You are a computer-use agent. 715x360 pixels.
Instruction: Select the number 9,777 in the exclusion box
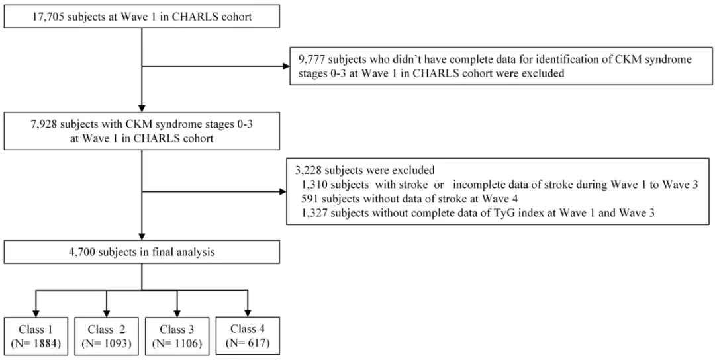[x=311, y=60]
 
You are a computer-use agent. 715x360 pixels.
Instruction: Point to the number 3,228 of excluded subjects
[x=309, y=171]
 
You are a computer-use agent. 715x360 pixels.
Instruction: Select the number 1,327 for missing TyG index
[x=314, y=213]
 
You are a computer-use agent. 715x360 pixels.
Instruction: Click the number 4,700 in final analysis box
[x=81, y=251]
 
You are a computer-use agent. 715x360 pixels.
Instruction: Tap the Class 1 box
[x=36, y=336]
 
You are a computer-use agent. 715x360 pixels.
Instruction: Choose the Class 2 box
[x=106, y=336]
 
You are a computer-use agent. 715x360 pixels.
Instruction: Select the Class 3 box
[x=177, y=336]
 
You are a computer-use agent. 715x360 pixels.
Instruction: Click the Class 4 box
[x=248, y=336]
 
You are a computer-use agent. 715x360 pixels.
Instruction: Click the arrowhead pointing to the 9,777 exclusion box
[x=286, y=66]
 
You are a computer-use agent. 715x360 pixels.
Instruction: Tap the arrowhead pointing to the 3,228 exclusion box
[x=283, y=192]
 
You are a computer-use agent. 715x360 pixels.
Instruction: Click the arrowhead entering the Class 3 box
[x=177, y=314]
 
